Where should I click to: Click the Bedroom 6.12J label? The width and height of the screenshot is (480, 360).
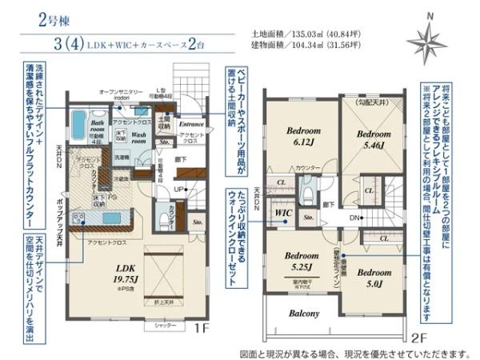coord(302,134)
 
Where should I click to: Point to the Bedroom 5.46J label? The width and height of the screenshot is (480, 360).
coord(372,140)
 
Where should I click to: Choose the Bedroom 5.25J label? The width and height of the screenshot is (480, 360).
coord(302,262)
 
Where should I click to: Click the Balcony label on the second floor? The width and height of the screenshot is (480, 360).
coord(304,314)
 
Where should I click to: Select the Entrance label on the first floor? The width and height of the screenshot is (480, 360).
coord(193,125)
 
